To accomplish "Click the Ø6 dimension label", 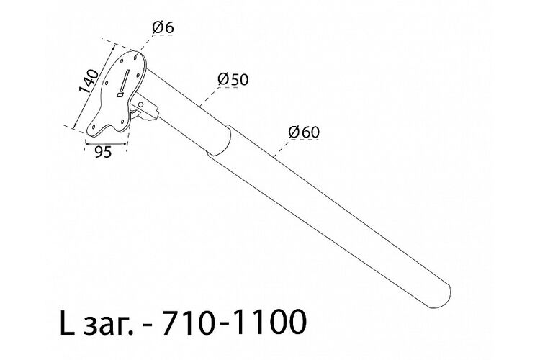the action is point(163,28).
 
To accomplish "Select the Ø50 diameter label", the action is point(233,80).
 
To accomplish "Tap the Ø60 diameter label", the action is point(304,132).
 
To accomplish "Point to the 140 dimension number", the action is point(89,81).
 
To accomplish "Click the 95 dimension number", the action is point(103,152).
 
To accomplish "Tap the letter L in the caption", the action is point(67,323).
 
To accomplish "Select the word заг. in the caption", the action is point(108,325).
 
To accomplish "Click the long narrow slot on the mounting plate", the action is point(125,79).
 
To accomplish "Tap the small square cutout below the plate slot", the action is point(120,94).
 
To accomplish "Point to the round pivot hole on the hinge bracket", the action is point(140,104).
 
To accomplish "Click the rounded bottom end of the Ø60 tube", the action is point(445,296).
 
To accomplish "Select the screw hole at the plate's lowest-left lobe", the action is point(93,127).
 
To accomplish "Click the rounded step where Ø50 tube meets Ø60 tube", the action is point(224,140).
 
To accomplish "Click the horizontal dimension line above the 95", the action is point(106,144).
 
